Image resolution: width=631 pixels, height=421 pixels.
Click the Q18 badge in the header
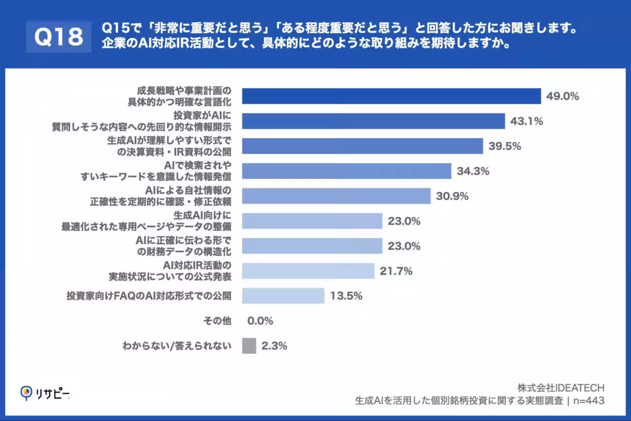tap(59, 36)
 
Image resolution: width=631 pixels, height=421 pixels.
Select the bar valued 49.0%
tap(391, 96)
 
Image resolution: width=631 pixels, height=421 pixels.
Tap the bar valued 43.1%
tap(373, 122)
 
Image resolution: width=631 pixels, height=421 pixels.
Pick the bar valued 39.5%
tap(362, 146)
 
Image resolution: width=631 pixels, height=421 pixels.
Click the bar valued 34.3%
tap(347, 171)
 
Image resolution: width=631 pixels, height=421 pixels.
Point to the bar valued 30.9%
tap(336, 196)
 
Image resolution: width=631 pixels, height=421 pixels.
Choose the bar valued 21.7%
tap(308, 271)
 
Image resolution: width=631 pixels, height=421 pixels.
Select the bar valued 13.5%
tap(283, 296)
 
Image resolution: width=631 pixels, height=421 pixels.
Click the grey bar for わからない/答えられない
tap(249, 346)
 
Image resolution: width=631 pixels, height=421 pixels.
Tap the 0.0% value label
tap(260, 321)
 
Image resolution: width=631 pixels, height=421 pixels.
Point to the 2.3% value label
tap(274, 346)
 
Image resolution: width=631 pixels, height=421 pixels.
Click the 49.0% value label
tap(563, 96)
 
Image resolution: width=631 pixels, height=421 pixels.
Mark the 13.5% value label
tap(347, 296)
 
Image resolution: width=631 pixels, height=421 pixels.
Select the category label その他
tap(217, 321)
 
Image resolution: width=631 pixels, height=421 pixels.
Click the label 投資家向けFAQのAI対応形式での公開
tap(149, 296)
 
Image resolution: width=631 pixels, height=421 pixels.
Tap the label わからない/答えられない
tap(177, 346)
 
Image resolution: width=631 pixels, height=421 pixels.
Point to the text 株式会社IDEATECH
tap(561, 388)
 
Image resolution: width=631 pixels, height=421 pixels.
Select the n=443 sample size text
tap(588, 401)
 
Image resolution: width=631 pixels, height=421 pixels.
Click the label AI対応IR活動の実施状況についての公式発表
tap(177, 271)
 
